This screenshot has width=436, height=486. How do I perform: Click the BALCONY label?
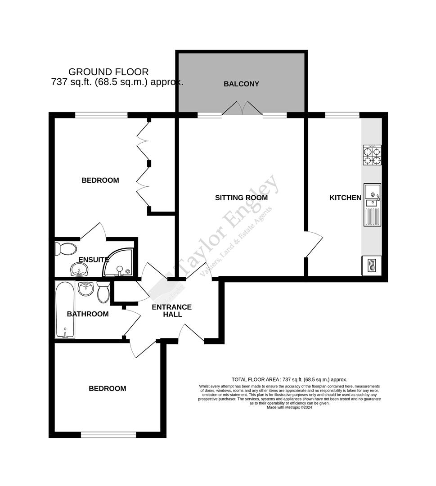(x=242, y=84)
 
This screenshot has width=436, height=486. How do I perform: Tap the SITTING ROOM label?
(x=241, y=198)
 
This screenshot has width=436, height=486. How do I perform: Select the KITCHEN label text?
(x=345, y=198)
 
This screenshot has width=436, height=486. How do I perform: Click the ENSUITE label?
(x=94, y=260)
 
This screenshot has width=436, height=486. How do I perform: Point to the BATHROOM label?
(x=88, y=314)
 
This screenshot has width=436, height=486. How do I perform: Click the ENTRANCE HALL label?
(x=171, y=310)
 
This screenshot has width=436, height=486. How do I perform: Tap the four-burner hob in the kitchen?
(x=372, y=155)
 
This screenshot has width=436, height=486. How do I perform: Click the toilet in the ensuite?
(x=65, y=248)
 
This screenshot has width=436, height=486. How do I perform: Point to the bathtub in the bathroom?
(x=65, y=310)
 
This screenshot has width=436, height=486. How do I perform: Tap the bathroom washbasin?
(x=85, y=288)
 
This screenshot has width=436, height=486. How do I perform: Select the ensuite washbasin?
(x=80, y=270)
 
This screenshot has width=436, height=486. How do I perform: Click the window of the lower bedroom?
(x=108, y=434)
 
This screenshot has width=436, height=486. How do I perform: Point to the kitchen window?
(x=342, y=115)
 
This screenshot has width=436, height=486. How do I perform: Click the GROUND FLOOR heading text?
(x=108, y=72)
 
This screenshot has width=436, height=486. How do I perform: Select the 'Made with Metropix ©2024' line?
(x=289, y=408)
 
